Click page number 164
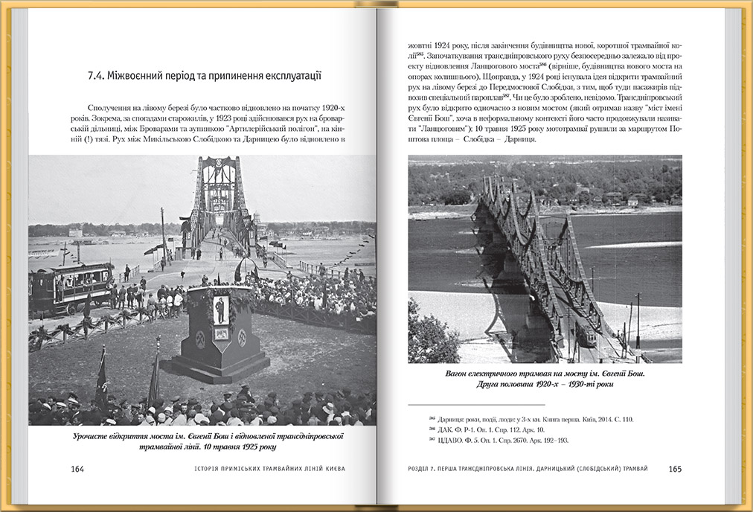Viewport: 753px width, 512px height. [x=77, y=469]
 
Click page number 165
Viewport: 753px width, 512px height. [x=675, y=469]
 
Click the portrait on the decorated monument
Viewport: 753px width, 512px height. [x=220, y=310]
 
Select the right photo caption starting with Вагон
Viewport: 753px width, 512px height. [x=544, y=379]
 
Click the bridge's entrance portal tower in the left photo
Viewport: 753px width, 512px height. [x=219, y=193]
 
